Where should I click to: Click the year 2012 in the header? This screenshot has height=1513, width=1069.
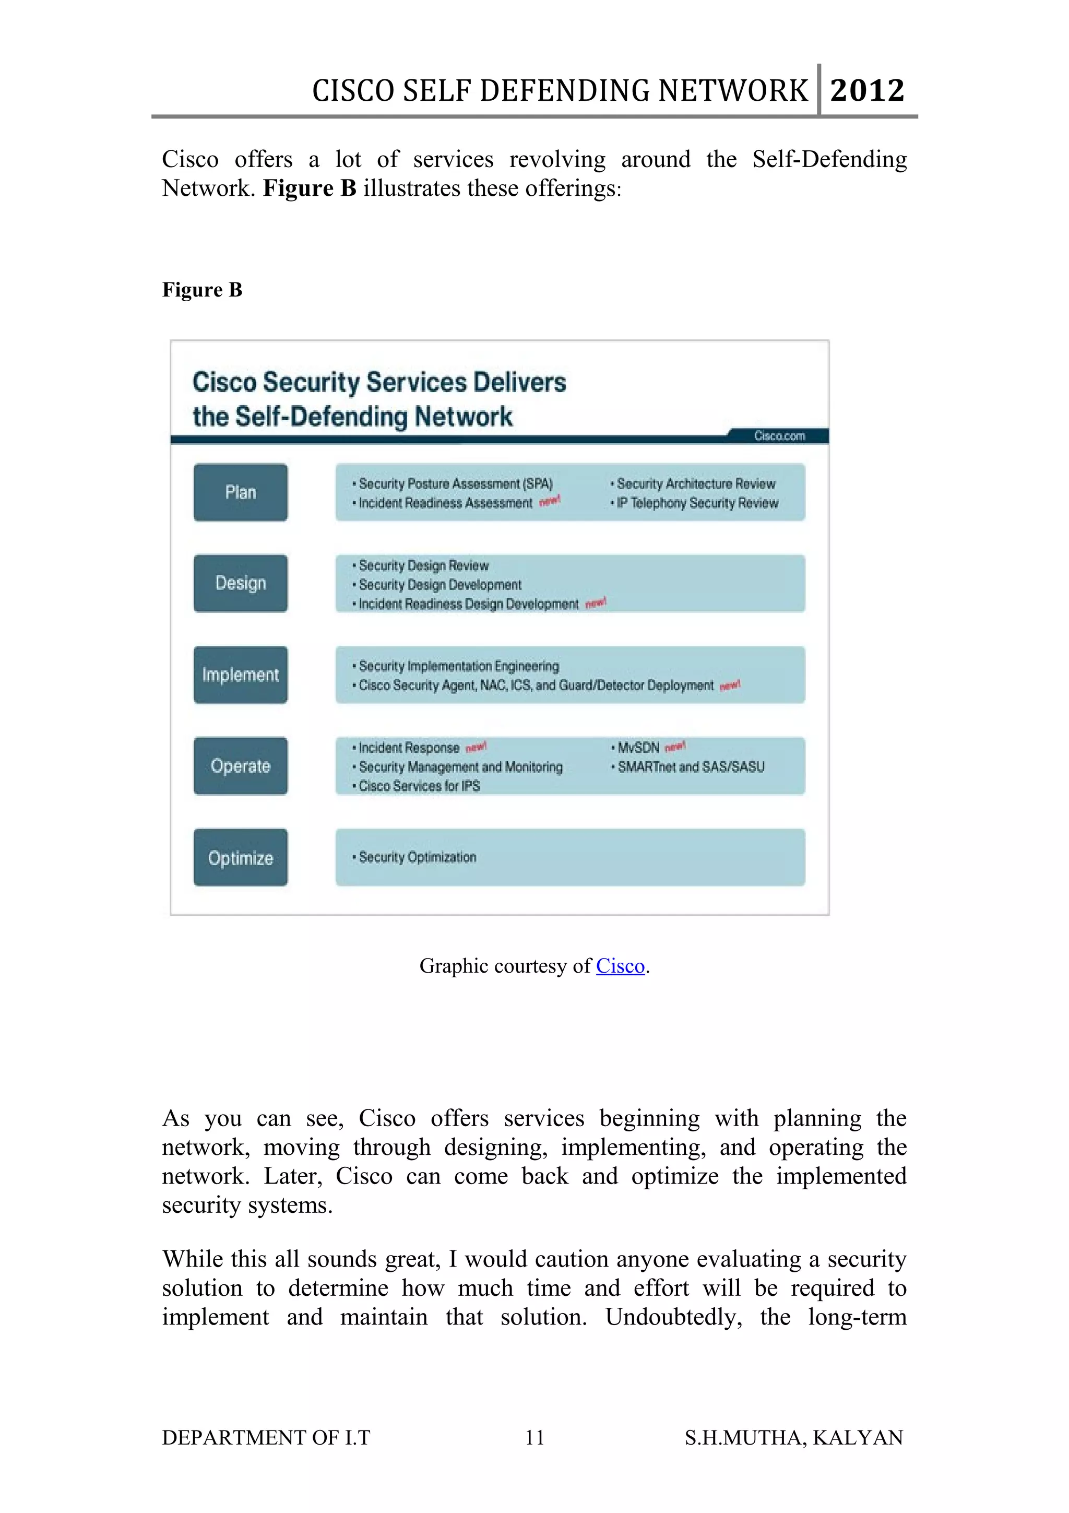click(x=867, y=90)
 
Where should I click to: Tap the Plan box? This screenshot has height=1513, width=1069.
click(x=241, y=492)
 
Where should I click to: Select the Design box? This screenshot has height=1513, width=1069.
click(x=241, y=583)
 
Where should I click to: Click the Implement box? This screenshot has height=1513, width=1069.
click(x=241, y=675)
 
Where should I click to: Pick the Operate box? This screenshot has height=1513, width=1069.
click(x=241, y=766)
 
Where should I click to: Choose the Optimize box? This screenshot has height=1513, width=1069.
click(x=241, y=857)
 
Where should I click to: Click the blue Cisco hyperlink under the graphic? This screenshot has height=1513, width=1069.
click(x=620, y=966)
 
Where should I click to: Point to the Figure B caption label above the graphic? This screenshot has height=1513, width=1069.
click(x=202, y=290)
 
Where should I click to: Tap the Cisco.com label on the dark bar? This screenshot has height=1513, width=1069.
click(x=779, y=435)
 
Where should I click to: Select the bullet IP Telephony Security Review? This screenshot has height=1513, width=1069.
click(x=697, y=503)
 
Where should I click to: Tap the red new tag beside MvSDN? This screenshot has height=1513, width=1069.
click(x=675, y=747)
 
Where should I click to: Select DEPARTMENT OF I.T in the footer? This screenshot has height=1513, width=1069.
click(x=266, y=1437)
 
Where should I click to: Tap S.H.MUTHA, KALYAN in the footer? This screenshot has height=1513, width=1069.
click(x=794, y=1437)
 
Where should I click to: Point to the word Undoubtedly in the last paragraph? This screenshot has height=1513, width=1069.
click(x=674, y=1317)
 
